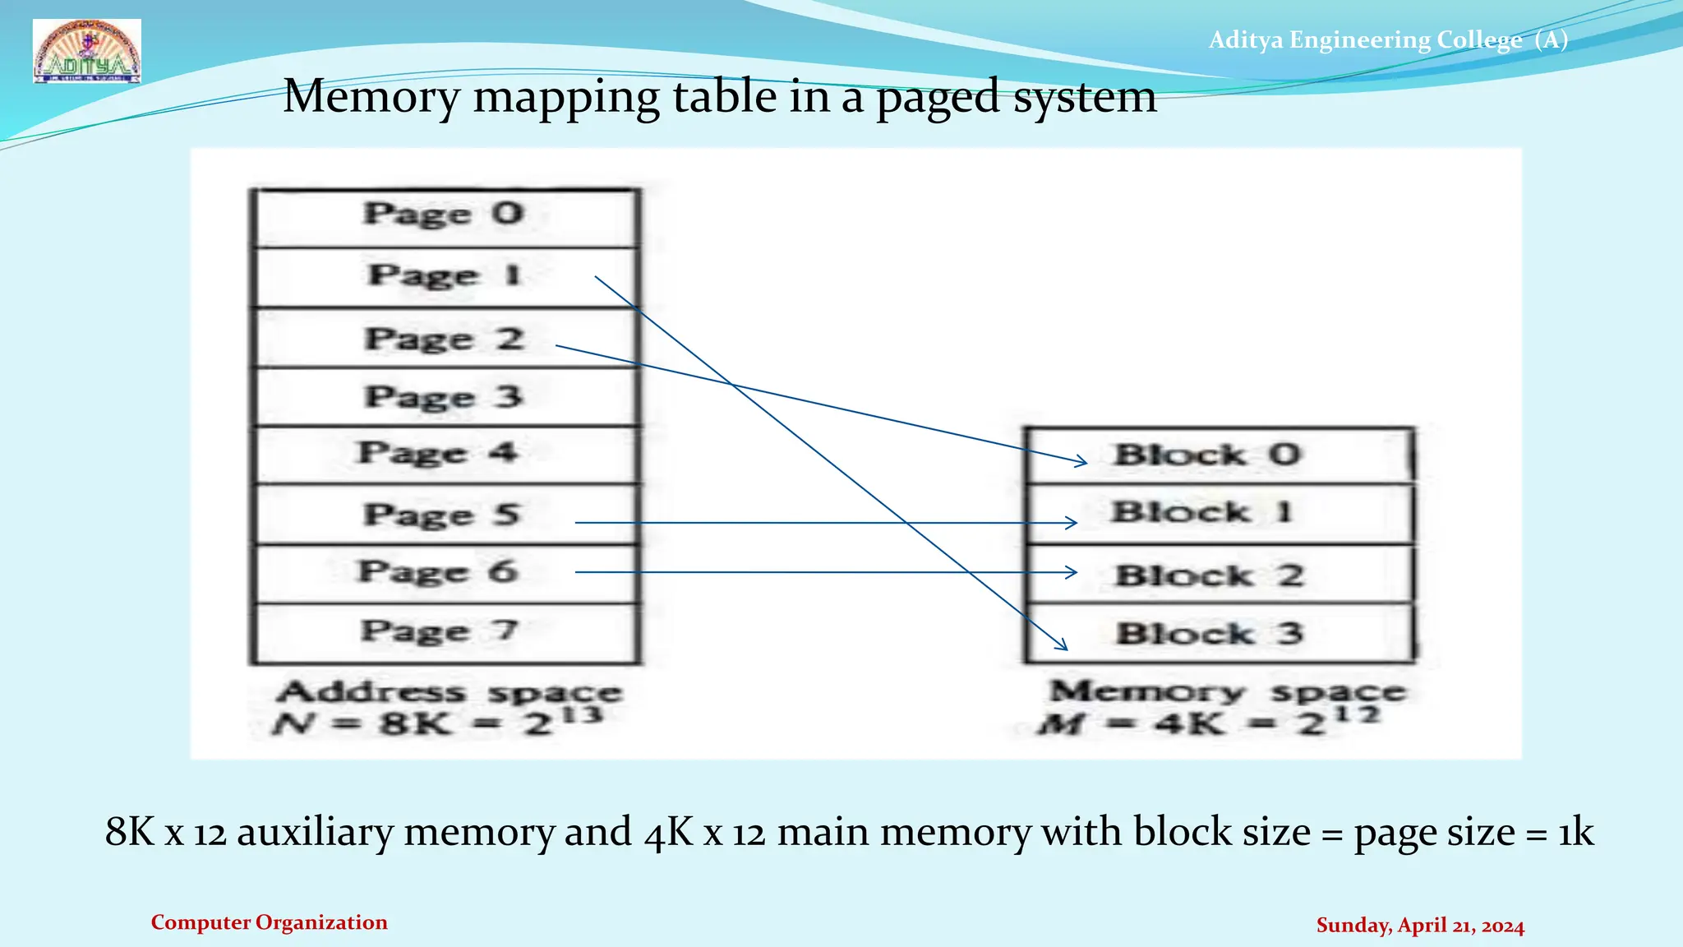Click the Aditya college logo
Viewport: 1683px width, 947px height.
tap(87, 51)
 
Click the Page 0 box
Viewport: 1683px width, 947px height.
tap(445, 216)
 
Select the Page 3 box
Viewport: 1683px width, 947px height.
tap(445, 397)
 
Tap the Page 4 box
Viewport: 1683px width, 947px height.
tap(445, 454)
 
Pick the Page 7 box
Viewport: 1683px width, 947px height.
tap(445, 633)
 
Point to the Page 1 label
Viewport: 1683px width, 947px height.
tap(444, 275)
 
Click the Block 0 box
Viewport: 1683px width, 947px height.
tap(1220, 455)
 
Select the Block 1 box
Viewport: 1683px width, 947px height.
tap(1220, 514)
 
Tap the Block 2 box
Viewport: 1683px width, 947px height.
tap(1220, 575)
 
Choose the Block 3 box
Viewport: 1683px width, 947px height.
tap(1220, 634)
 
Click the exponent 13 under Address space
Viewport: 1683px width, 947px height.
tap(582, 714)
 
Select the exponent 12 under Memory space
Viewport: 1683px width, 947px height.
tap(1357, 714)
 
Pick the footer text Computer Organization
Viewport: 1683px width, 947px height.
tap(269, 922)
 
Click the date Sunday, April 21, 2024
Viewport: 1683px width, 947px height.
tap(1420, 926)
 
